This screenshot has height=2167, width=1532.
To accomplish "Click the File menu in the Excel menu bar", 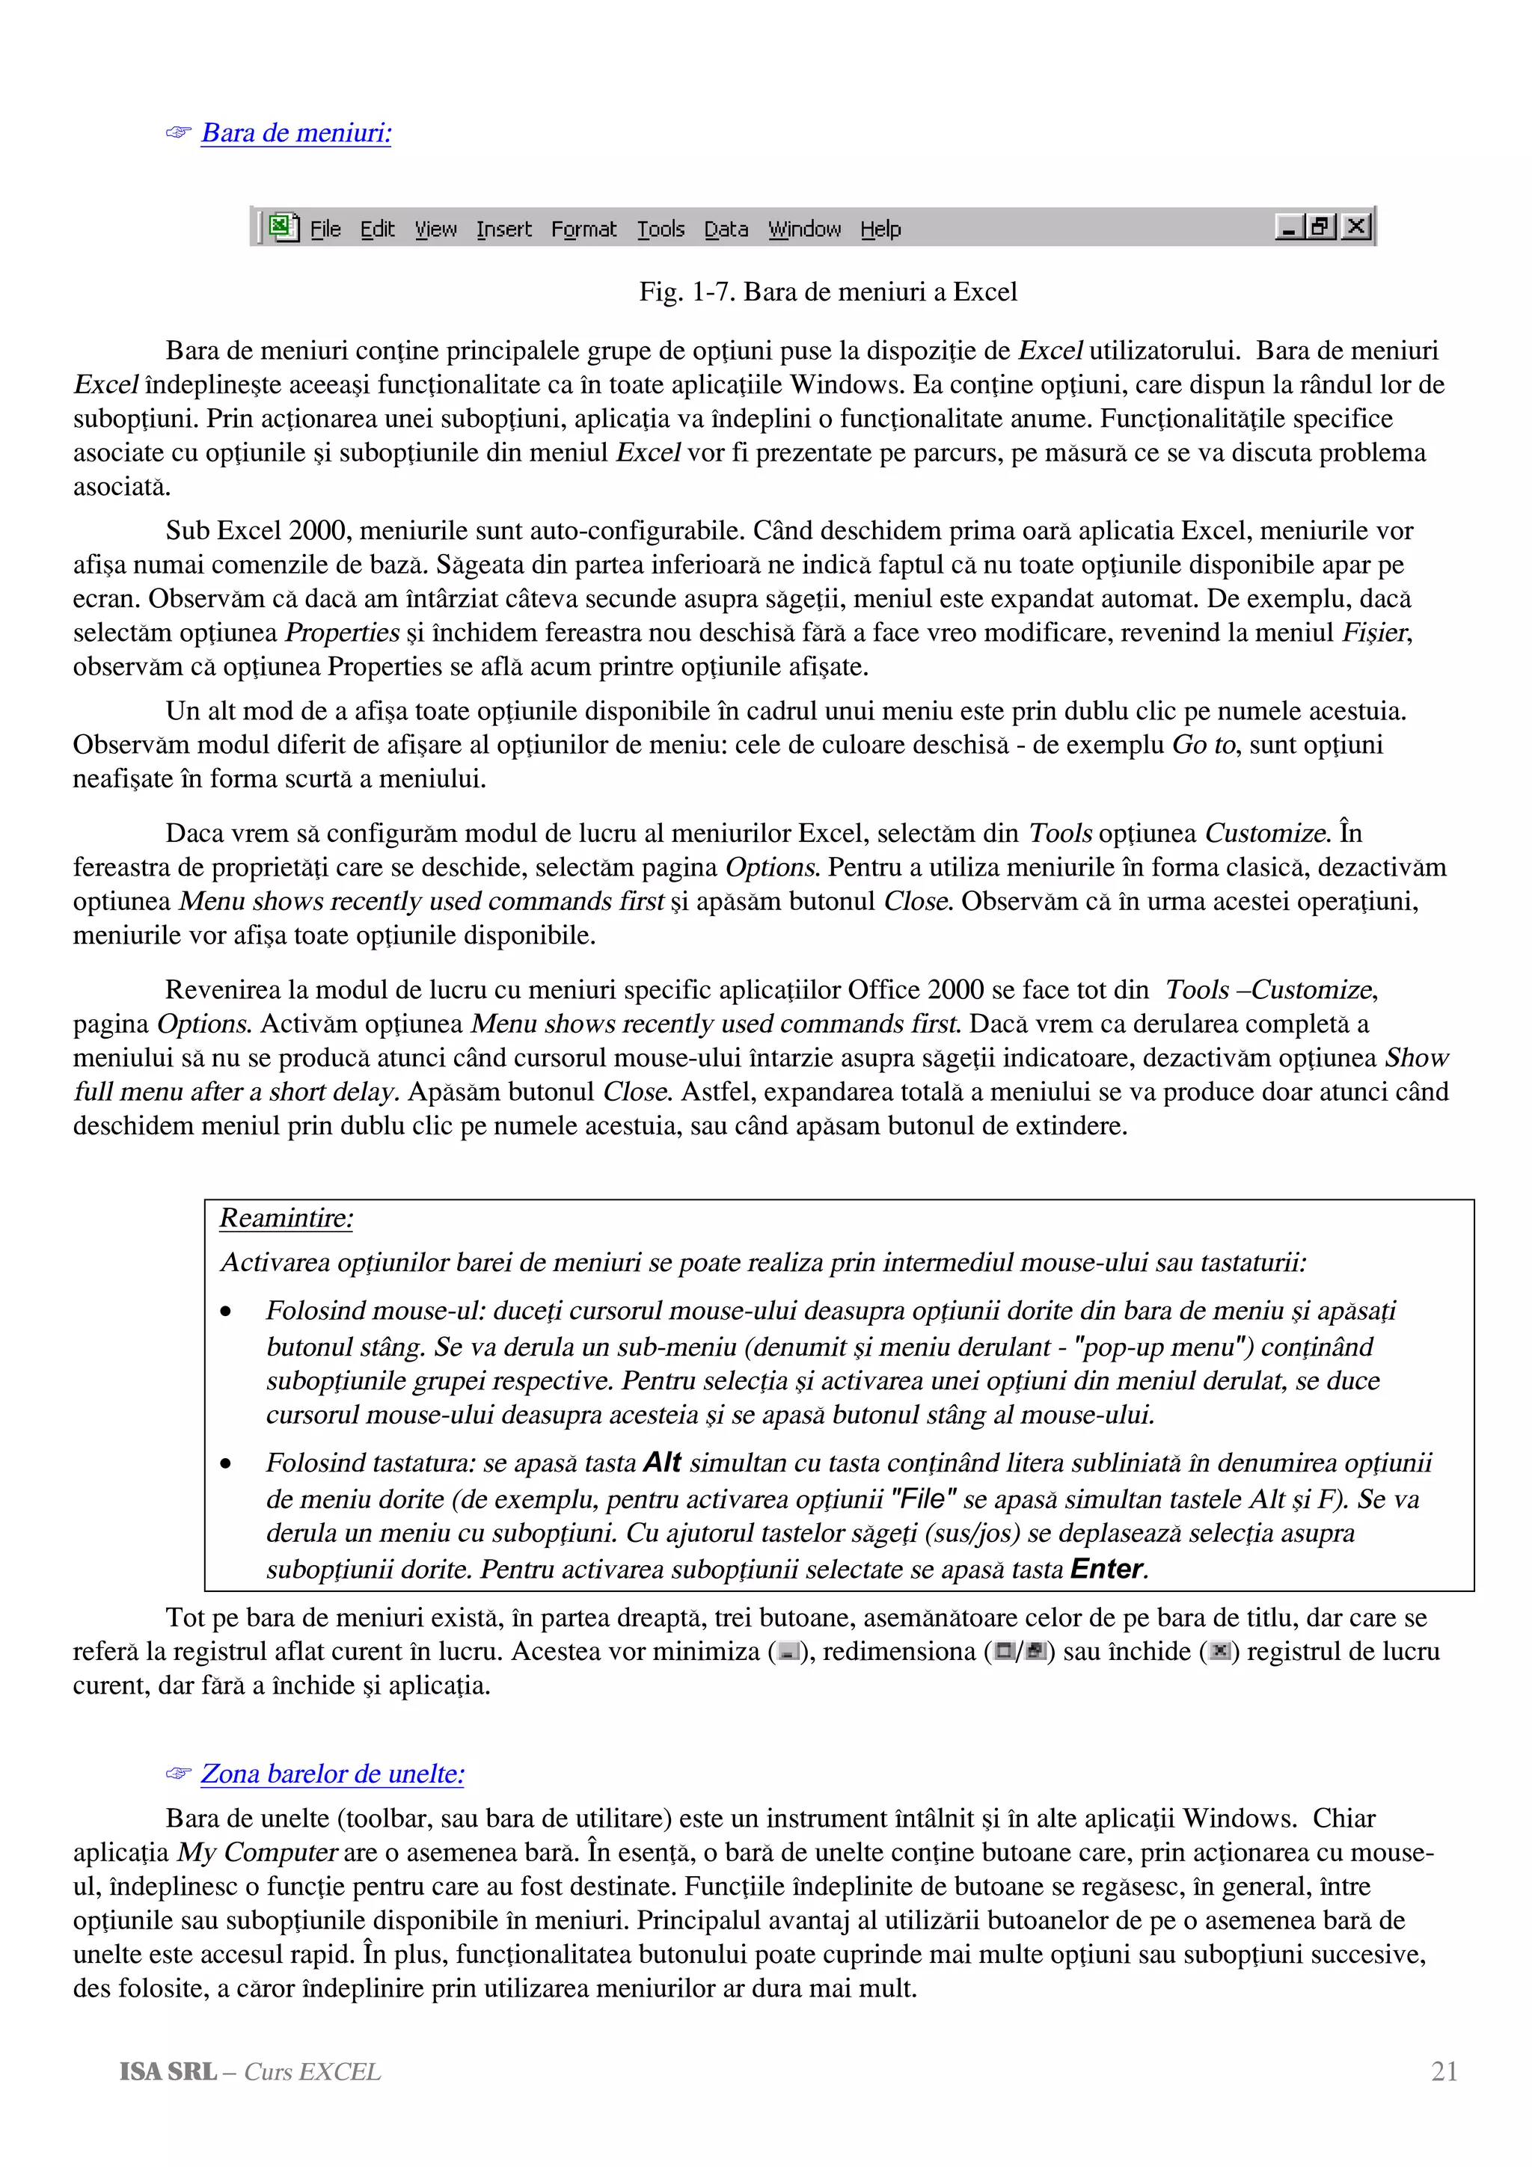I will (325, 230).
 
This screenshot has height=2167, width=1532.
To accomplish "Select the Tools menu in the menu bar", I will (660, 230).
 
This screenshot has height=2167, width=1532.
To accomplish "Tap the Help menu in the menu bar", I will (880, 230).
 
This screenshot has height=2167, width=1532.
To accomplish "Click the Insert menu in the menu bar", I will (503, 230).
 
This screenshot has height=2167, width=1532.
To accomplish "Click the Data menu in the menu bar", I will (725, 230).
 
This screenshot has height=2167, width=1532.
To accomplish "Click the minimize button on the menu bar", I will (1288, 227).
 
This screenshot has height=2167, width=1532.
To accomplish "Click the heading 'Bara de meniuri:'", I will (295, 133).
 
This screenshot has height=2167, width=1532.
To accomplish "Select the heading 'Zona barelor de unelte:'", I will (332, 1774).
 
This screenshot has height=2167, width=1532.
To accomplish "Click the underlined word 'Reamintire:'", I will (286, 1218).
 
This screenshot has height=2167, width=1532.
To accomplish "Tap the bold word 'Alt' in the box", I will (662, 1463).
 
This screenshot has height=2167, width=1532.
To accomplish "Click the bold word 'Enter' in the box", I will (1106, 1569).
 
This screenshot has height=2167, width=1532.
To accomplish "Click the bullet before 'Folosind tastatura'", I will (226, 1465).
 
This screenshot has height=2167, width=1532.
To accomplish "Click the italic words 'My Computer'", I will (257, 1853).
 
